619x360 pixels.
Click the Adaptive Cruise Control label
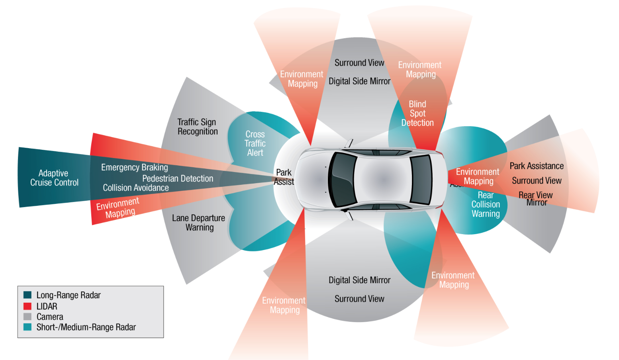(x=54, y=178)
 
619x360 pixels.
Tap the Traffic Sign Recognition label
(x=197, y=127)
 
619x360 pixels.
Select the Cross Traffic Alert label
(x=255, y=143)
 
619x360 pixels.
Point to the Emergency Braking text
(x=134, y=167)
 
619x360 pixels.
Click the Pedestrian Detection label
(x=178, y=178)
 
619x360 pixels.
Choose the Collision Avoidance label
(x=135, y=188)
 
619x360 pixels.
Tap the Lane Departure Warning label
(x=198, y=223)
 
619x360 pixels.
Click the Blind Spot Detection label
(x=417, y=113)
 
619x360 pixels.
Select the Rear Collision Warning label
(x=486, y=204)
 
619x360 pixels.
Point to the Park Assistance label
(x=537, y=166)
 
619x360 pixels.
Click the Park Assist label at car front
(x=284, y=177)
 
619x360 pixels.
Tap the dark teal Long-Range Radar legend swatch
(x=27, y=295)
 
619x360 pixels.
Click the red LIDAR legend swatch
(x=27, y=306)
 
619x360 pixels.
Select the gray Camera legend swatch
(x=27, y=317)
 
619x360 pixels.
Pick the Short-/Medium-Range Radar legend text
(x=86, y=327)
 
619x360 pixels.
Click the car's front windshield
(x=343, y=180)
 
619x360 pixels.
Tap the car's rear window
(x=421, y=180)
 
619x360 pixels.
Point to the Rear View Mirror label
(x=536, y=198)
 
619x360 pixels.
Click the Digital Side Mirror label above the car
(x=359, y=81)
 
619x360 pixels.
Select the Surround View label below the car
(x=359, y=299)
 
